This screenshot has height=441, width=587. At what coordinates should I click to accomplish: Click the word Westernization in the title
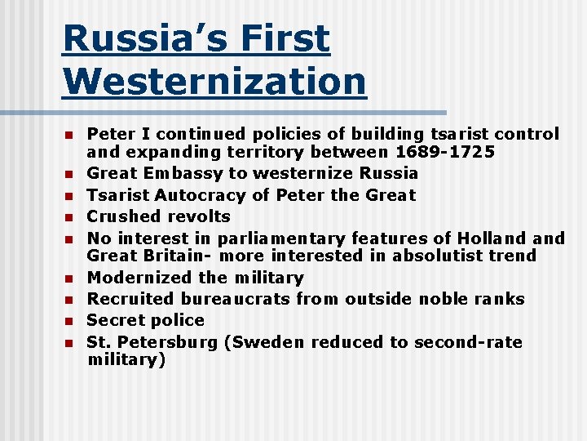214,81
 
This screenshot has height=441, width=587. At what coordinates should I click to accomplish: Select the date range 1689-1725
445,151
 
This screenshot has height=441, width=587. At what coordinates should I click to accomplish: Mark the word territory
263,151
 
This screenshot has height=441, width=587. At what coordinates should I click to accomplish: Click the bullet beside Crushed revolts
70,217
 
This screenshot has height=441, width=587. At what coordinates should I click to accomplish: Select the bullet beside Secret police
70,321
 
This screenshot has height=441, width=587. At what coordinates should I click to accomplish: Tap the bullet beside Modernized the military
70,278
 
